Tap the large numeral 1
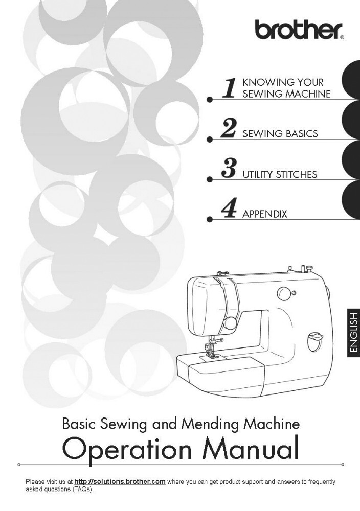[x=229, y=88]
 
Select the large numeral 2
[x=228, y=129]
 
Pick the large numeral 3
[x=229, y=169]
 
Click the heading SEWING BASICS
[x=280, y=133]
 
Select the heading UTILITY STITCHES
[x=280, y=174]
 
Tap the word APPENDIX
[x=265, y=214]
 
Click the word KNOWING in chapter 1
[x=267, y=82]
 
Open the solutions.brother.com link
[x=120, y=482]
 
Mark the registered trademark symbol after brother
[x=342, y=38]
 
